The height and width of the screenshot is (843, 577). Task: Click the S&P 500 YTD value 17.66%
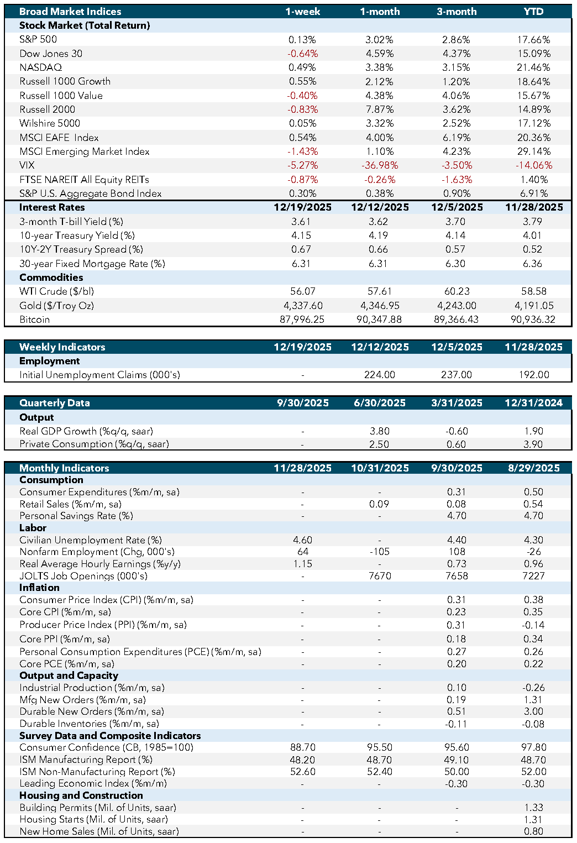pyautogui.click(x=533, y=40)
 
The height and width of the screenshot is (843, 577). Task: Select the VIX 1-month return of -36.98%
pyautogui.click(x=379, y=165)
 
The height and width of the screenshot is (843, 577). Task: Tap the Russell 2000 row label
pyautogui.click(x=48, y=109)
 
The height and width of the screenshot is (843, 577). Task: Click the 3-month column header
pyautogui.click(x=457, y=12)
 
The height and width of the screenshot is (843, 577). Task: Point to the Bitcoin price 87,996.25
pyautogui.click(x=302, y=320)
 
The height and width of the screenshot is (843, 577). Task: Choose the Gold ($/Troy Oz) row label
pyautogui.click(x=56, y=306)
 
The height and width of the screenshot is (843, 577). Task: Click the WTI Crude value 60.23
pyautogui.click(x=457, y=291)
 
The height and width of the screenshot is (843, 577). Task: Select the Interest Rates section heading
pyautogui.click(x=52, y=207)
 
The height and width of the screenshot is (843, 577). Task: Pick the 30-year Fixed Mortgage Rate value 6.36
pyautogui.click(x=533, y=264)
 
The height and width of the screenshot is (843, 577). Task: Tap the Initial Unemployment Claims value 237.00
pyautogui.click(x=457, y=375)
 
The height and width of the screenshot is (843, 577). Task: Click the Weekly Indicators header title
pyautogui.click(x=62, y=347)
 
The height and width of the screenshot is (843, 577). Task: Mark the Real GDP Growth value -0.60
pyautogui.click(x=457, y=431)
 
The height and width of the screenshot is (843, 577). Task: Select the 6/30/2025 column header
pyautogui.click(x=380, y=403)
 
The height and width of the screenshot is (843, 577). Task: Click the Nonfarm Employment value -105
pyautogui.click(x=380, y=552)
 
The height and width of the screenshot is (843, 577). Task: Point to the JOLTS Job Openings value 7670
pyautogui.click(x=380, y=576)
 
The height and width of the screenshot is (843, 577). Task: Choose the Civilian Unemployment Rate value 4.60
pyautogui.click(x=302, y=540)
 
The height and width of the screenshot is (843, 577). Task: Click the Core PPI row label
pyautogui.click(x=65, y=639)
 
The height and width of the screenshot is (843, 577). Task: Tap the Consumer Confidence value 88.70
pyautogui.click(x=302, y=747)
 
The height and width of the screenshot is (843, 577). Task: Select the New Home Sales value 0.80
pyautogui.click(x=533, y=831)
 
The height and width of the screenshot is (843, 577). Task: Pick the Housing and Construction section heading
pyautogui.click(x=81, y=795)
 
